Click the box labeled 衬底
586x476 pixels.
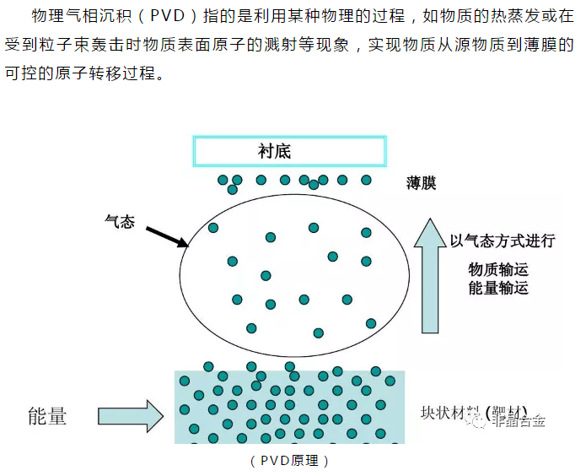pyautogui.click(x=290, y=152)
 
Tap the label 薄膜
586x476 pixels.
pyautogui.click(x=421, y=183)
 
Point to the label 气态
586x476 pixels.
pyautogui.click(x=119, y=219)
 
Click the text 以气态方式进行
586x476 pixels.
pyautogui.click(x=503, y=241)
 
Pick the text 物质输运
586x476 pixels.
pyautogui.click(x=498, y=269)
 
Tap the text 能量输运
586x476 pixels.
pyautogui.click(x=498, y=288)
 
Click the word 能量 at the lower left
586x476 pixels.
pyautogui.click(x=46, y=415)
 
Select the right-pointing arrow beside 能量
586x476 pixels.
pyautogui.click(x=131, y=416)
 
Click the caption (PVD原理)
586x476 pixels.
pyautogui.click(x=289, y=461)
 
